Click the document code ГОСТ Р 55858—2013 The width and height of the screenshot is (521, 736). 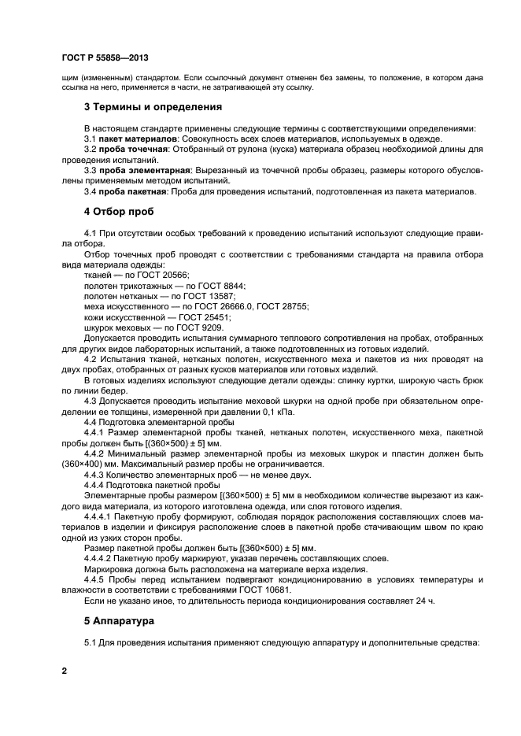(105, 58)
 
